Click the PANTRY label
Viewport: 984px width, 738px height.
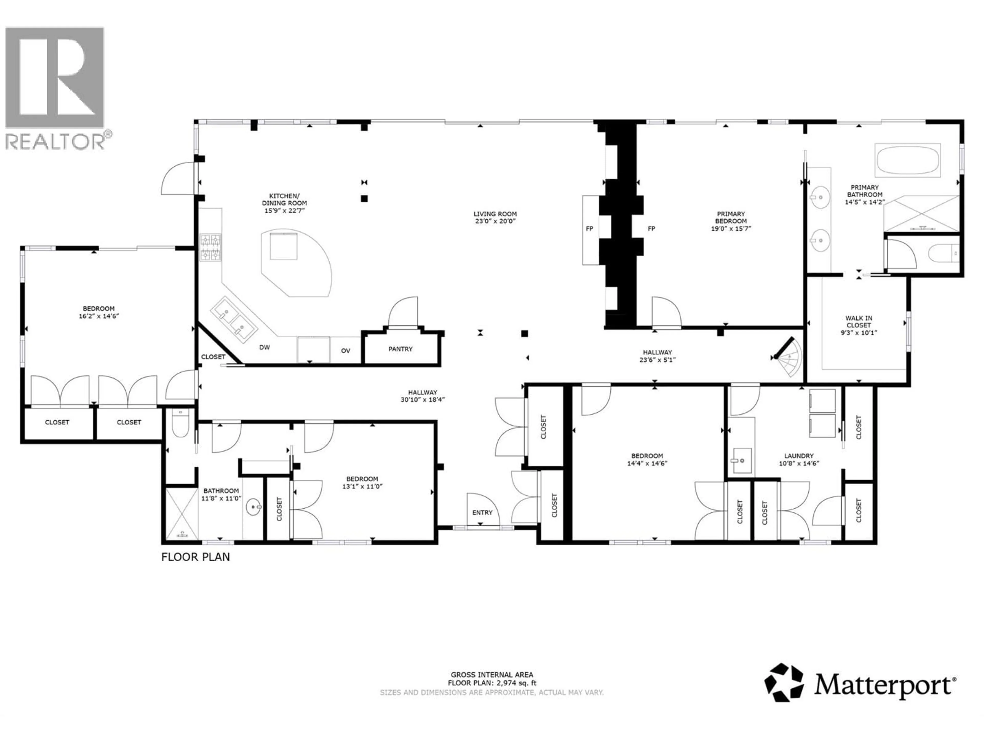tap(400, 349)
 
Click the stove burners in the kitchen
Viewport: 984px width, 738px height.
tap(210, 247)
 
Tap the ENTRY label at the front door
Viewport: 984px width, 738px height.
tap(482, 512)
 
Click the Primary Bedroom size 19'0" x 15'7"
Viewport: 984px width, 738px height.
tap(731, 229)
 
